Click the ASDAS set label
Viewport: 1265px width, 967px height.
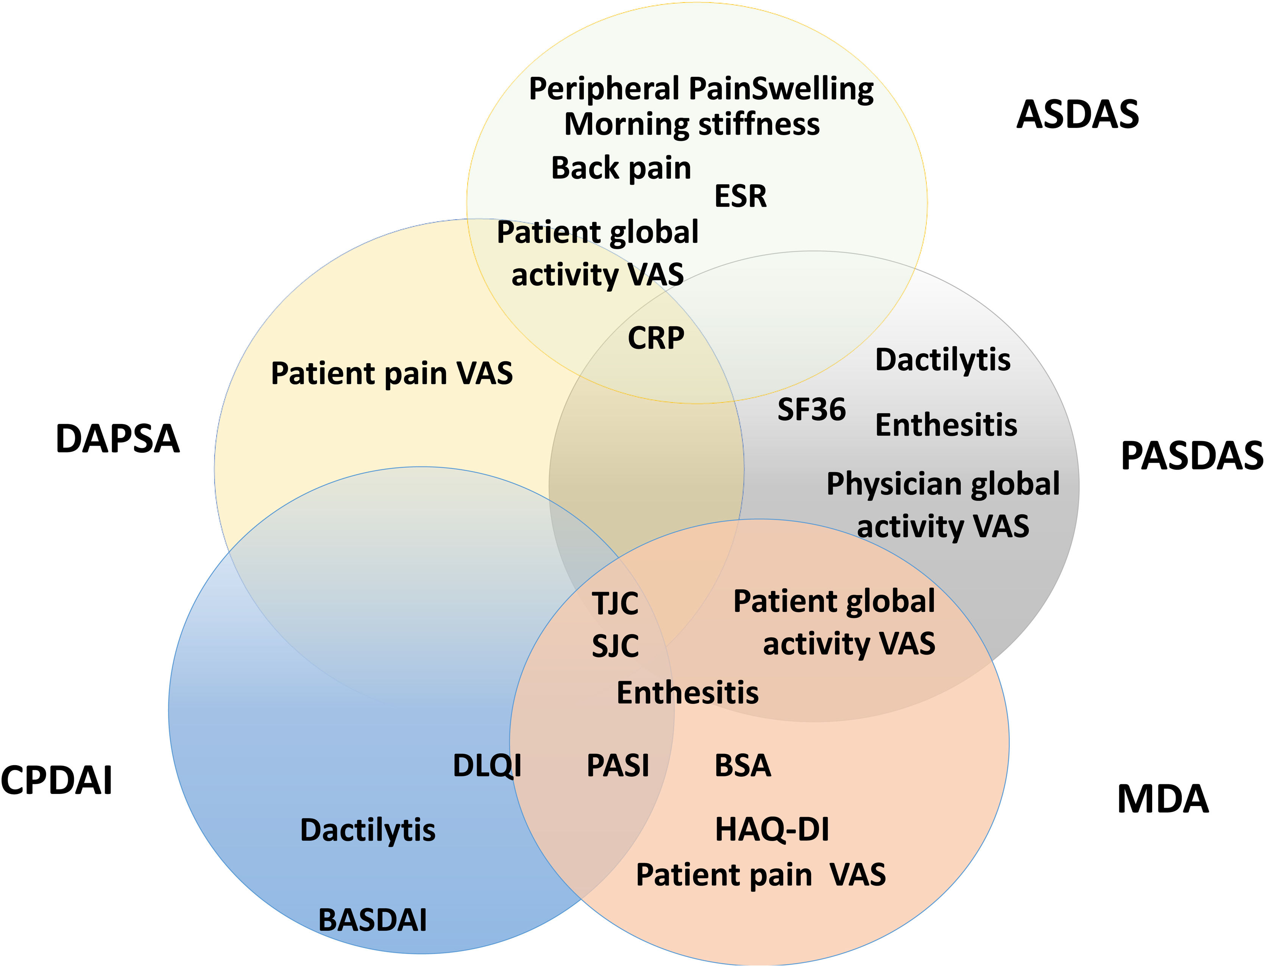(x=1077, y=115)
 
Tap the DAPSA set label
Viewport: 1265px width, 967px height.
(x=117, y=439)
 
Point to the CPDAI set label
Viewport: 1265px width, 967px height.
(x=56, y=781)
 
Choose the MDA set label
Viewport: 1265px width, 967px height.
(x=1162, y=800)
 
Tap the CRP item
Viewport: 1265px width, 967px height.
(x=655, y=338)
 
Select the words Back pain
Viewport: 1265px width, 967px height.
(x=621, y=168)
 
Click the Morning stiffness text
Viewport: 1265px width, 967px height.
(x=692, y=124)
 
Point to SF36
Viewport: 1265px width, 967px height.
(x=811, y=410)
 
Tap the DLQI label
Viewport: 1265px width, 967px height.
(x=487, y=766)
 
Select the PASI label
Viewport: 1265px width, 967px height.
(x=618, y=766)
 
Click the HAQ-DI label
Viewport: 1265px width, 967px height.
(x=772, y=830)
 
